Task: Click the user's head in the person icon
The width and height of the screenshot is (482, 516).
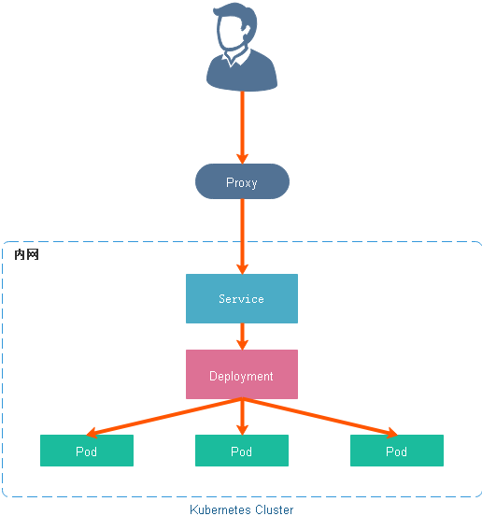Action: coord(239,33)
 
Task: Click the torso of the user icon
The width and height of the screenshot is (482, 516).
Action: coord(242,75)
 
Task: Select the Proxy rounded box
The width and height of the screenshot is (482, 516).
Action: coord(242,182)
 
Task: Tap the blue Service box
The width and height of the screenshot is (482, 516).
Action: coord(242,299)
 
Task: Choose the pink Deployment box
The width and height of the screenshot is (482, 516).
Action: coord(242,376)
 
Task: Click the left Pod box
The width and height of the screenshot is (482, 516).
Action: coord(87,451)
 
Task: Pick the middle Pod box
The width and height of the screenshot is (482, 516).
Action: coord(242,451)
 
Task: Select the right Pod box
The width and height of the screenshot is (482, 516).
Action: coord(397,451)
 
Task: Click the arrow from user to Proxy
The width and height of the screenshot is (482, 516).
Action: coord(242,126)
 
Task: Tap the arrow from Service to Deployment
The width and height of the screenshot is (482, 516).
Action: coord(242,337)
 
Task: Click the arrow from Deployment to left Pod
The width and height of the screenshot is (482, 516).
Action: coord(163,417)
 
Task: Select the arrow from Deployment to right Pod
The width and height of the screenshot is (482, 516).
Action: coord(320,417)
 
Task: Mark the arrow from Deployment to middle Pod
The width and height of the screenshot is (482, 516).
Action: coord(242,417)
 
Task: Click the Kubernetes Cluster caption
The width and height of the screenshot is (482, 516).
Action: coord(241,509)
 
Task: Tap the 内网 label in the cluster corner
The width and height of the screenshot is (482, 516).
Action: coord(26,254)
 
